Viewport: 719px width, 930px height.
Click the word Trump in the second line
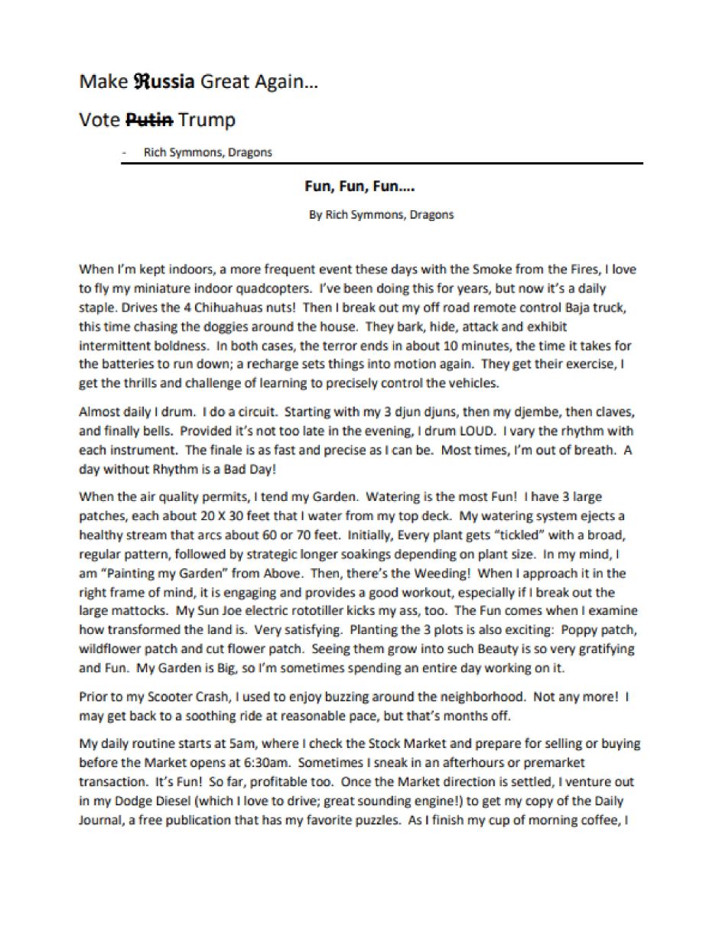[207, 120]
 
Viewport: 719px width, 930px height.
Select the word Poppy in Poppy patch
[576, 630]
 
